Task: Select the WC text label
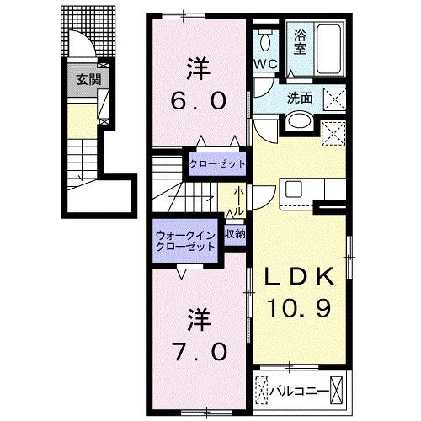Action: (265, 64)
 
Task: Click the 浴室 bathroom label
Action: (301, 41)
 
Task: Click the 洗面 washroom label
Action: (301, 97)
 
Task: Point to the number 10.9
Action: (296, 309)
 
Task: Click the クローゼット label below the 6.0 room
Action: (216, 164)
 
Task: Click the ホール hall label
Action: (238, 200)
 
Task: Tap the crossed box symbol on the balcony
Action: (337, 389)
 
